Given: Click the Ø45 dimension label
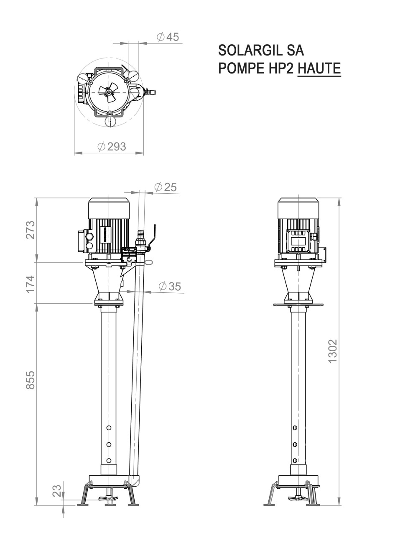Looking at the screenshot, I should click(168, 37).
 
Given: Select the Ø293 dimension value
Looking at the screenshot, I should click(111, 147).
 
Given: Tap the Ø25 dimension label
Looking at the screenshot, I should click(165, 187).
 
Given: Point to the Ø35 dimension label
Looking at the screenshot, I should click(170, 286).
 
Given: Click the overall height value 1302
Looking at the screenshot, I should click(333, 351).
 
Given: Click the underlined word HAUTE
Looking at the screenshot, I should click(319, 68).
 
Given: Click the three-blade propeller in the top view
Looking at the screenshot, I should click(109, 92).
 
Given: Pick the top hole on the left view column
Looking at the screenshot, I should click(109, 428).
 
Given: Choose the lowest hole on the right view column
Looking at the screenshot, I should click(295, 460).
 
